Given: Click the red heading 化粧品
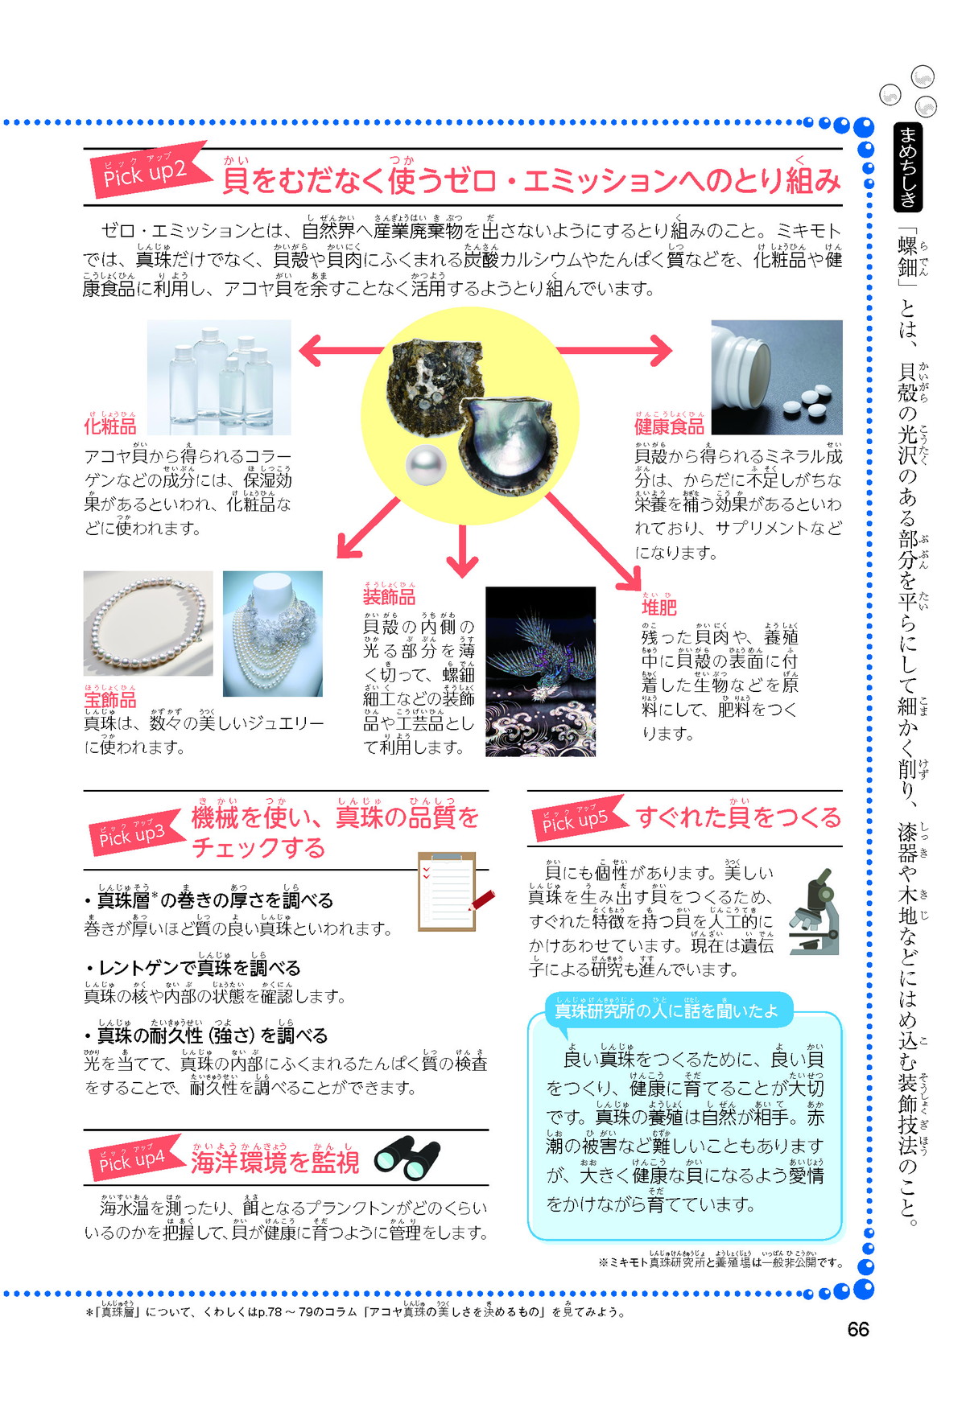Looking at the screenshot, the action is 110,426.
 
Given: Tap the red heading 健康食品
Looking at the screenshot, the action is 669,426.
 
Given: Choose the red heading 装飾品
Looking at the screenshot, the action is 389,596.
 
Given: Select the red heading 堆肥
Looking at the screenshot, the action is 659,607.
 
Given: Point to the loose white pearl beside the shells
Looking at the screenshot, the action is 426,465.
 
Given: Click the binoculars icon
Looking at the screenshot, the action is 408,1159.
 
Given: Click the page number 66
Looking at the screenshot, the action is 858,1329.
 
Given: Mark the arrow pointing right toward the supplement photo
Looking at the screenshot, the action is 614,350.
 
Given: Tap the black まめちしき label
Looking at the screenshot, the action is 908,167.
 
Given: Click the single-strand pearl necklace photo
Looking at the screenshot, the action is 148,624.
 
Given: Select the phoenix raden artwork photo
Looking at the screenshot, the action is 541,672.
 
